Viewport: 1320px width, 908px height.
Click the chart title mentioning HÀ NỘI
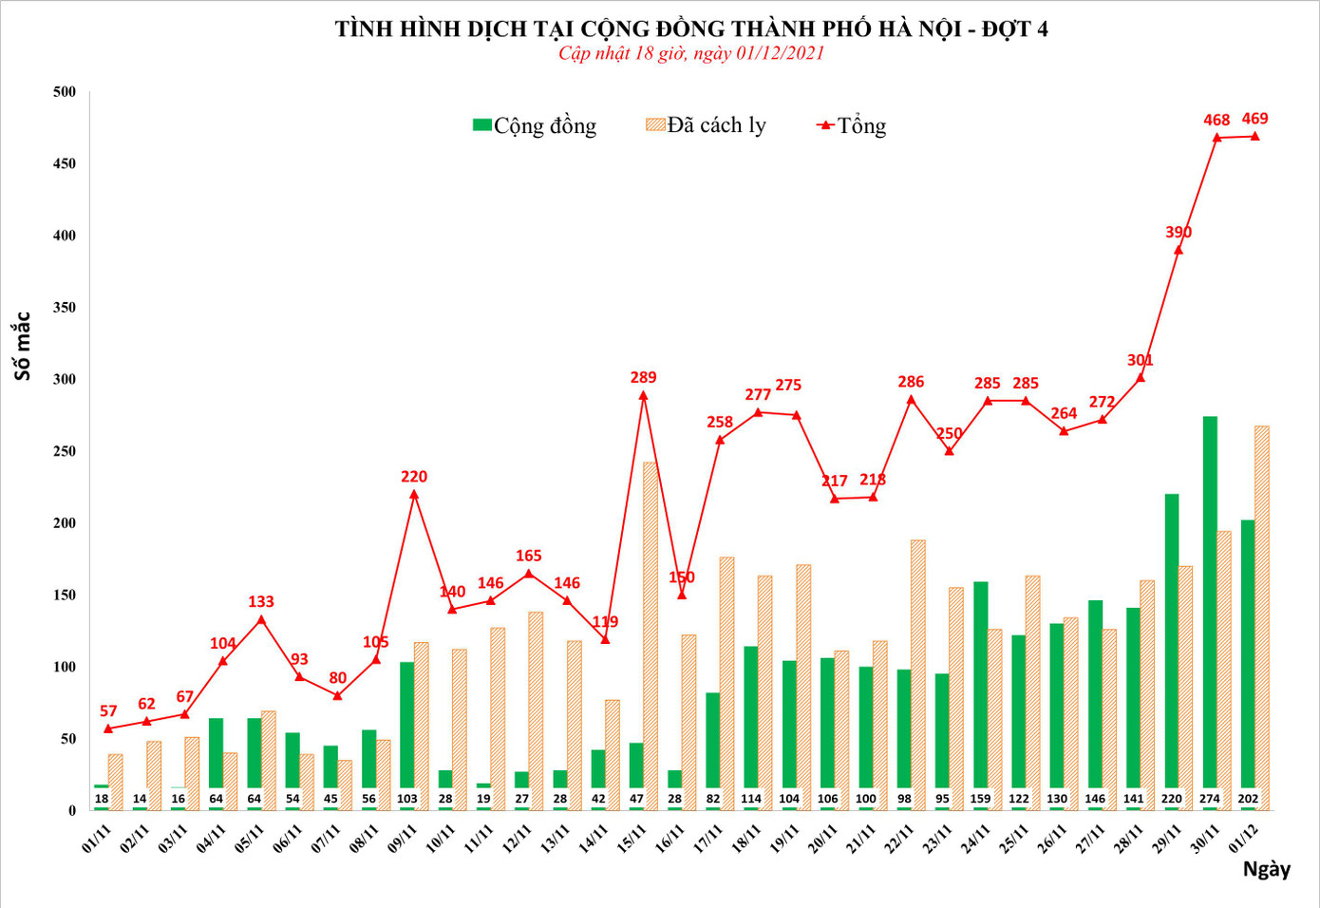coord(691,28)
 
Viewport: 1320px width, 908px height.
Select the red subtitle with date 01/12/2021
coord(691,53)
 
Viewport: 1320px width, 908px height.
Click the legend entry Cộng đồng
coord(535,125)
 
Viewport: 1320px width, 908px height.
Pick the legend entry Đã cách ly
coord(706,125)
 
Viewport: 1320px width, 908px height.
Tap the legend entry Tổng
coord(852,125)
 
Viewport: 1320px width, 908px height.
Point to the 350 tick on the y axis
coord(65,308)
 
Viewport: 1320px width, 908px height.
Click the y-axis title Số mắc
coord(22,346)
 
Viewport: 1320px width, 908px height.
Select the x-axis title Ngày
coord(1266,869)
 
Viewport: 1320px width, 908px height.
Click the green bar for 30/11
coord(1210,608)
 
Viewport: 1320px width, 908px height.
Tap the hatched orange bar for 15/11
coord(651,636)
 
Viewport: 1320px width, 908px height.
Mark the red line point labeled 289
coord(643,395)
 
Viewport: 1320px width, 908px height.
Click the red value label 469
coord(1254,119)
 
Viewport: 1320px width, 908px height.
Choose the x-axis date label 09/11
coord(402,839)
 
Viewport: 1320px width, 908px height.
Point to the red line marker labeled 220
coord(414,494)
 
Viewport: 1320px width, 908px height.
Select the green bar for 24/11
coord(980,693)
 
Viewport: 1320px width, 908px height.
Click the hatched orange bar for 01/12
coord(1261,617)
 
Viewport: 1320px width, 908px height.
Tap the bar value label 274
coord(1209,799)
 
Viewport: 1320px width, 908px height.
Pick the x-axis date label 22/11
coord(898,839)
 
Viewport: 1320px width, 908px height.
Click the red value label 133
coord(261,602)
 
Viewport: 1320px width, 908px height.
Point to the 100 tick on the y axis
coord(65,667)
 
